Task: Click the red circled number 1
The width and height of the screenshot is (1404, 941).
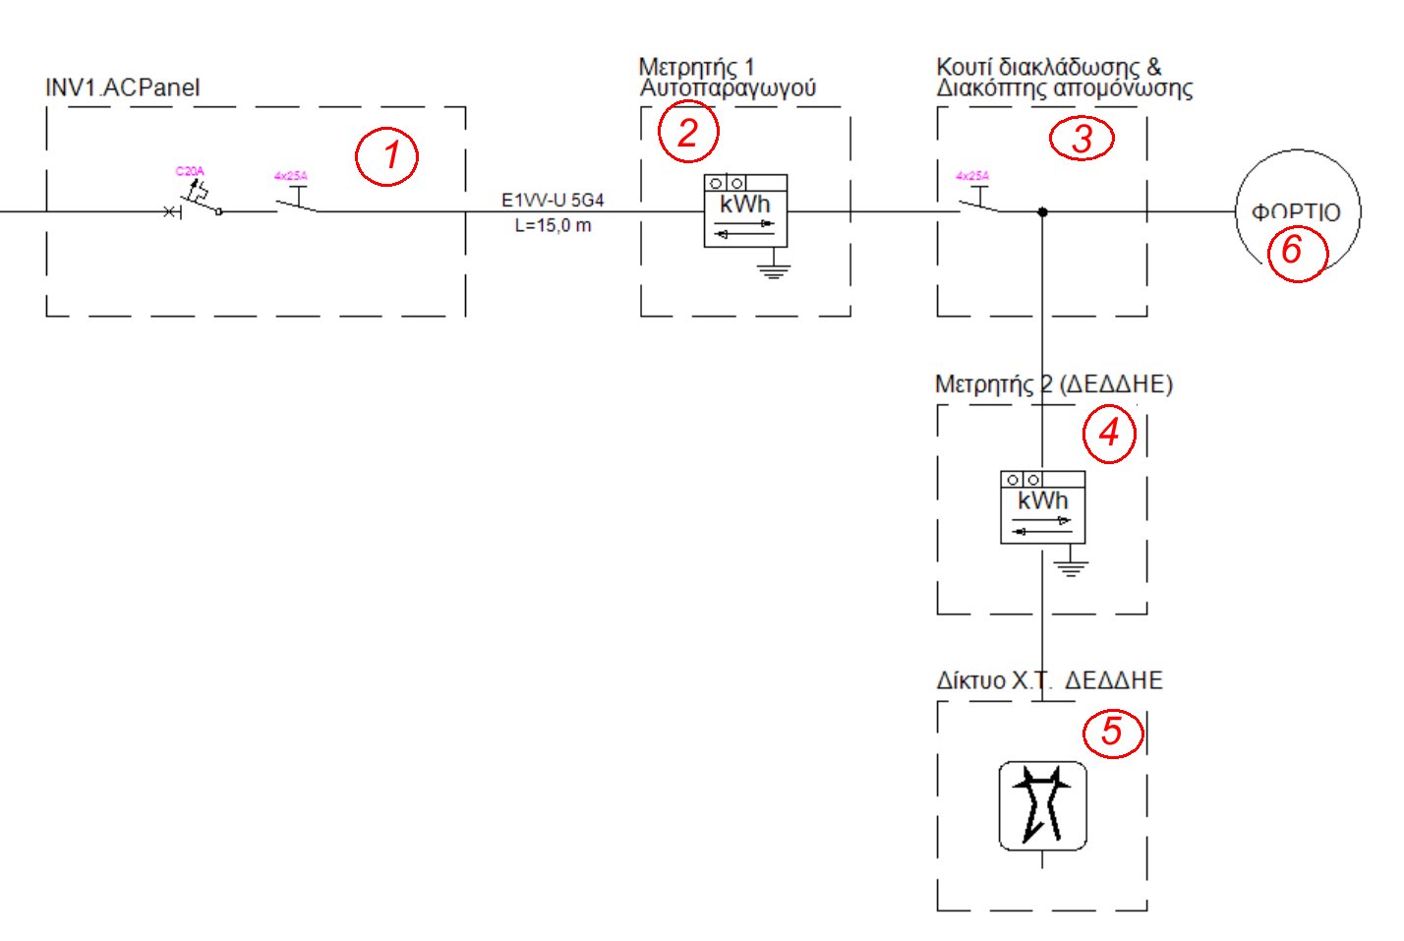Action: pyautogui.click(x=387, y=155)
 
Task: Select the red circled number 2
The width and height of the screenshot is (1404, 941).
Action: pyautogui.click(x=688, y=132)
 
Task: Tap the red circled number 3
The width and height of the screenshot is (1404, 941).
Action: pyautogui.click(x=1082, y=138)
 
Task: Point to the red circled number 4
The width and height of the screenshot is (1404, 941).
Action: pyautogui.click(x=1109, y=433)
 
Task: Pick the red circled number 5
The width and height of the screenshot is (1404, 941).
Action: pyautogui.click(x=1113, y=731)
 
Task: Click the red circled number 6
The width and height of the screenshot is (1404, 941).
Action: pyautogui.click(x=1292, y=251)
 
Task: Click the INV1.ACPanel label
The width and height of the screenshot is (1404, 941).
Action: pyautogui.click(x=122, y=88)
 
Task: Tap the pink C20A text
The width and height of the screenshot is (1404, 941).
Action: pyautogui.click(x=190, y=172)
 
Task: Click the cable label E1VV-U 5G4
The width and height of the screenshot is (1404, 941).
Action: pyautogui.click(x=553, y=201)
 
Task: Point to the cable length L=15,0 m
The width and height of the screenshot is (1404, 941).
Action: pyautogui.click(x=553, y=226)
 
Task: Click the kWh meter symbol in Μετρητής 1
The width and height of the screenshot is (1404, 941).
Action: pyautogui.click(x=745, y=210)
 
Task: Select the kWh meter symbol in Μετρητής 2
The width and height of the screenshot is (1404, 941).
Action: pyautogui.click(x=1042, y=506)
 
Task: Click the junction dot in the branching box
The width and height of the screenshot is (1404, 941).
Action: pyautogui.click(x=1042, y=211)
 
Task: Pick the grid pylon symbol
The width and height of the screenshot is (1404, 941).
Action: pyautogui.click(x=1042, y=805)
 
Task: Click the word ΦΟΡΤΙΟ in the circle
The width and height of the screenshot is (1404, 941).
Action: pyautogui.click(x=1295, y=212)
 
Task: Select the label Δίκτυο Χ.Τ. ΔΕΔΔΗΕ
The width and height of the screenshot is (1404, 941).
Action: pyautogui.click(x=1049, y=680)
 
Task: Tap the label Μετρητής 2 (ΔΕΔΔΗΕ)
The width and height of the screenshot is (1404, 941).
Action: pyautogui.click(x=1053, y=383)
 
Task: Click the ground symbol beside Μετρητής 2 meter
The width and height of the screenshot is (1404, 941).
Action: pyautogui.click(x=1071, y=565)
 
